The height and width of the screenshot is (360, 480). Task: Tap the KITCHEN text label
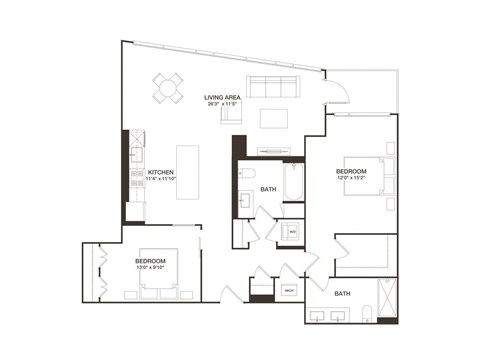coord(161,172)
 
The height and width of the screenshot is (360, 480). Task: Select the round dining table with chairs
coord(169,88)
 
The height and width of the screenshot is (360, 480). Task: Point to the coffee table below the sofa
coord(274,118)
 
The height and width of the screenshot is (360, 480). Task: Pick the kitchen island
coord(188,171)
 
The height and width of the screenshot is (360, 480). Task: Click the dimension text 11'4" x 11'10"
coord(161,180)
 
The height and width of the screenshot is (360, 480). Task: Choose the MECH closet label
coord(289,290)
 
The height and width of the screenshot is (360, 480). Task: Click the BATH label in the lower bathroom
coord(342,294)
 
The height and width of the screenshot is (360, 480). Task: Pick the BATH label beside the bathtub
coord(268,189)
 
